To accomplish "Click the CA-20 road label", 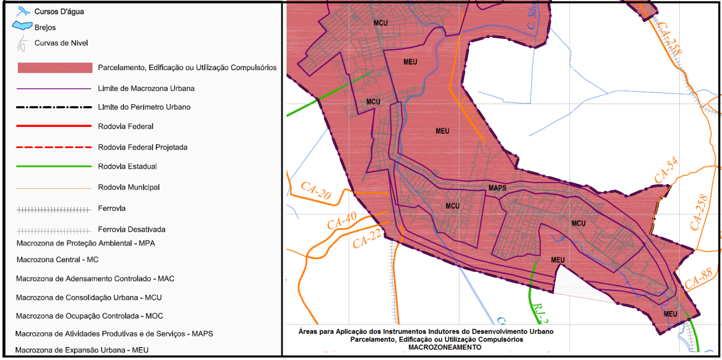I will point(315,190).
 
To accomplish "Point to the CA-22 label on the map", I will point(367,239).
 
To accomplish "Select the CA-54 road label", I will point(666,171).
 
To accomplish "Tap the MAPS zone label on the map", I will point(497,188).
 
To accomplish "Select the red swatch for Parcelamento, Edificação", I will point(55,68).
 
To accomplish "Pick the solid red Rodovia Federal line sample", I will point(54,126).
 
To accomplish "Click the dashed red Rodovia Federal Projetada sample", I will point(54,147).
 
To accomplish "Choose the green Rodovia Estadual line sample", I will point(54,166).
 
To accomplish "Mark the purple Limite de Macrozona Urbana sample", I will point(54,88).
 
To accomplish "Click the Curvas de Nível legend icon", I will point(22,43).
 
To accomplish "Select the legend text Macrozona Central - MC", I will point(57,259).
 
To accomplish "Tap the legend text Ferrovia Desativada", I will point(131,229).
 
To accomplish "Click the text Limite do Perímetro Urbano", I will point(144,107).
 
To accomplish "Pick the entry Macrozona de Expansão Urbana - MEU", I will point(82,350).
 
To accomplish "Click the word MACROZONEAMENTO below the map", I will point(444,347).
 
